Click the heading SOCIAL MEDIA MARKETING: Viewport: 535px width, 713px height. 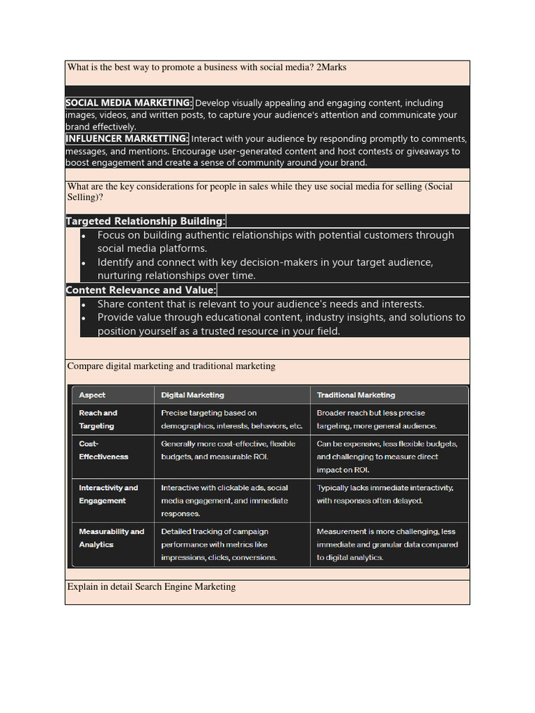[129, 103]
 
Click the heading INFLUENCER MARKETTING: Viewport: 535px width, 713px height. [127, 139]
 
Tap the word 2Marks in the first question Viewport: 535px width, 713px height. [331, 68]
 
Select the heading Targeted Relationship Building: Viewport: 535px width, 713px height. [146, 221]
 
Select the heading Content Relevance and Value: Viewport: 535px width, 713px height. [141, 290]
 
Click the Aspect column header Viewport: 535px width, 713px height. [93, 395]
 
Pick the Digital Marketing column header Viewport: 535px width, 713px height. [192, 395]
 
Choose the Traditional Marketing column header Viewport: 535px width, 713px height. [355, 395]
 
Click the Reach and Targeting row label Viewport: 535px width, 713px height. [98, 419]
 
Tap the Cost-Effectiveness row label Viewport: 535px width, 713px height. [103, 450]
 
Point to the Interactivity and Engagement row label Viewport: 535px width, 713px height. [108, 494]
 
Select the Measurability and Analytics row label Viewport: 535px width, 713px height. [111, 538]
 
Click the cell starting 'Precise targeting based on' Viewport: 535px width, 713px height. [231, 419]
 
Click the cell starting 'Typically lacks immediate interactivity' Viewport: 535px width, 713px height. [385, 494]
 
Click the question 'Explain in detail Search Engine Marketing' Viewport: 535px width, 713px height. [151, 587]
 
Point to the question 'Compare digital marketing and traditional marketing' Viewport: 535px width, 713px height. [171, 366]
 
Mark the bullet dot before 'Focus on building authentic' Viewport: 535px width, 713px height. [84, 235]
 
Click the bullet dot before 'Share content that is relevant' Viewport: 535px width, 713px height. [84, 304]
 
